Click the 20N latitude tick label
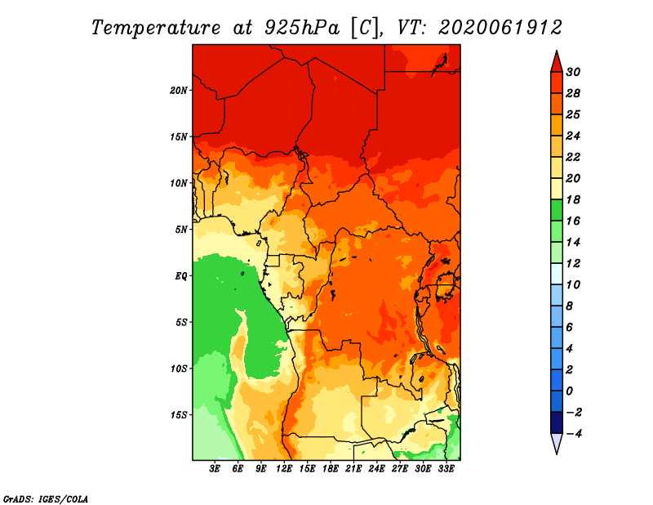pyautogui.click(x=179, y=91)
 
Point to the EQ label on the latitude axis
pyautogui.click(x=181, y=276)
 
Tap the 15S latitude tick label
pyautogui.click(x=179, y=415)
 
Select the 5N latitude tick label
pyautogui.click(x=181, y=230)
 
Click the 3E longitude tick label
pyautogui.click(x=215, y=469)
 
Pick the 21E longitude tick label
pyautogui.click(x=353, y=469)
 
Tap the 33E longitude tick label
pyautogui.click(x=446, y=469)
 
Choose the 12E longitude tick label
pyautogui.click(x=284, y=469)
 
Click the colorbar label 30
pyautogui.click(x=573, y=72)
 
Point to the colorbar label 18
pyautogui.click(x=573, y=199)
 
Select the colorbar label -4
pyautogui.click(x=574, y=434)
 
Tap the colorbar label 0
pyautogui.click(x=569, y=391)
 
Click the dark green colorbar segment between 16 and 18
pyautogui.click(x=557, y=210)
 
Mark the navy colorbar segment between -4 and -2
pyautogui.click(x=557, y=422)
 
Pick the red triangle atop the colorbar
pyautogui.click(x=557, y=63)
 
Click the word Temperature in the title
pyautogui.click(x=156, y=28)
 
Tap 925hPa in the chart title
pyautogui.click(x=302, y=28)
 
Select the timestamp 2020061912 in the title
pyautogui.click(x=500, y=28)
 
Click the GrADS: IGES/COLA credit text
pyautogui.click(x=46, y=499)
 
